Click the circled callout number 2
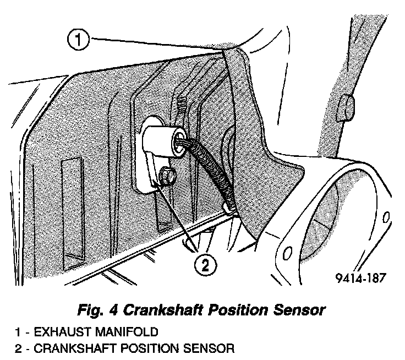coord(205,266)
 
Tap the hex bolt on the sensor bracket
coord(167,176)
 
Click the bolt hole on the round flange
coord(287,252)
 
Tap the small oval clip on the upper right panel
coord(345,107)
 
